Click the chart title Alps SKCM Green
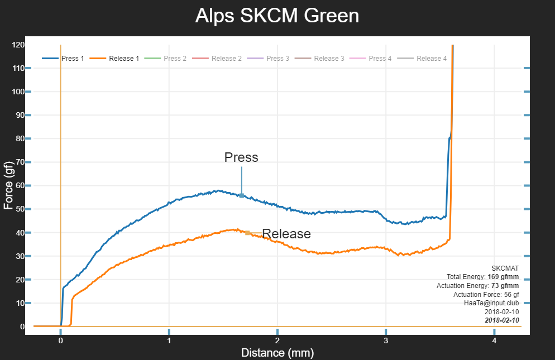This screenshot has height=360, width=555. pyautogui.click(x=277, y=16)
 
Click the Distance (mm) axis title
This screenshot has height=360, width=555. pyautogui.click(x=277, y=353)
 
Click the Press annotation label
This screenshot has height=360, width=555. pyautogui.click(x=241, y=157)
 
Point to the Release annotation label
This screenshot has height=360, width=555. pyautogui.click(x=286, y=234)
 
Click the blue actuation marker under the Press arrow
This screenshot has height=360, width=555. pyautogui.click(x=242, y=195)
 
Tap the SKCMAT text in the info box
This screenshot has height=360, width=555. pyautogui.click(x=505, y=268)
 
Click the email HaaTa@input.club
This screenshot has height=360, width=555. pyautogui.click(x=491, y=303)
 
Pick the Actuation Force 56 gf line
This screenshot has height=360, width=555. pyautogui.click(x=486, y=294)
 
